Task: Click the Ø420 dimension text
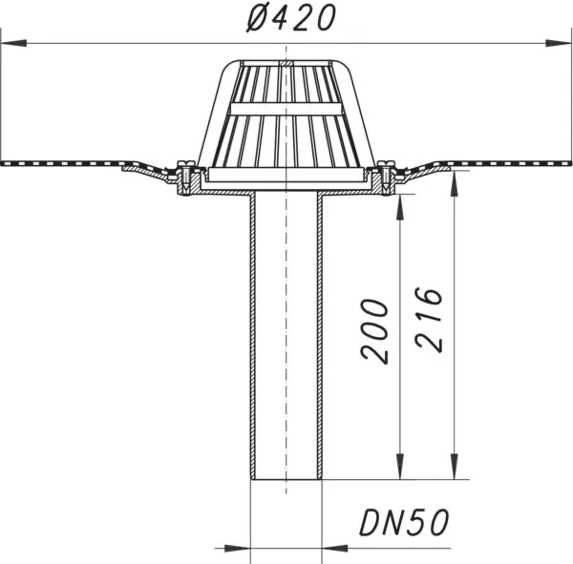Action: pyautogui.click(x=291, y=18)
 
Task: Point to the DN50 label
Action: pyautogui.click(x=404, y=522)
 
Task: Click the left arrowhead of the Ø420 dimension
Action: pyautogui.click(x=14, y=43)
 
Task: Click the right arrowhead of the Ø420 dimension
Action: pyautogui.click(x=558, y=43)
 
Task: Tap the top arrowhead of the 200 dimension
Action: pyautogui.click(x=400, y=207)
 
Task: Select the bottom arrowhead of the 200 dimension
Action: pyautogui.click(x=400, y=466)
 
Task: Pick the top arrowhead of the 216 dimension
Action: pyautogui.click(x=455, y=185)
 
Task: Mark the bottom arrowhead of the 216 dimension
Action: pyautogui.click(x=455, y=466)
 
